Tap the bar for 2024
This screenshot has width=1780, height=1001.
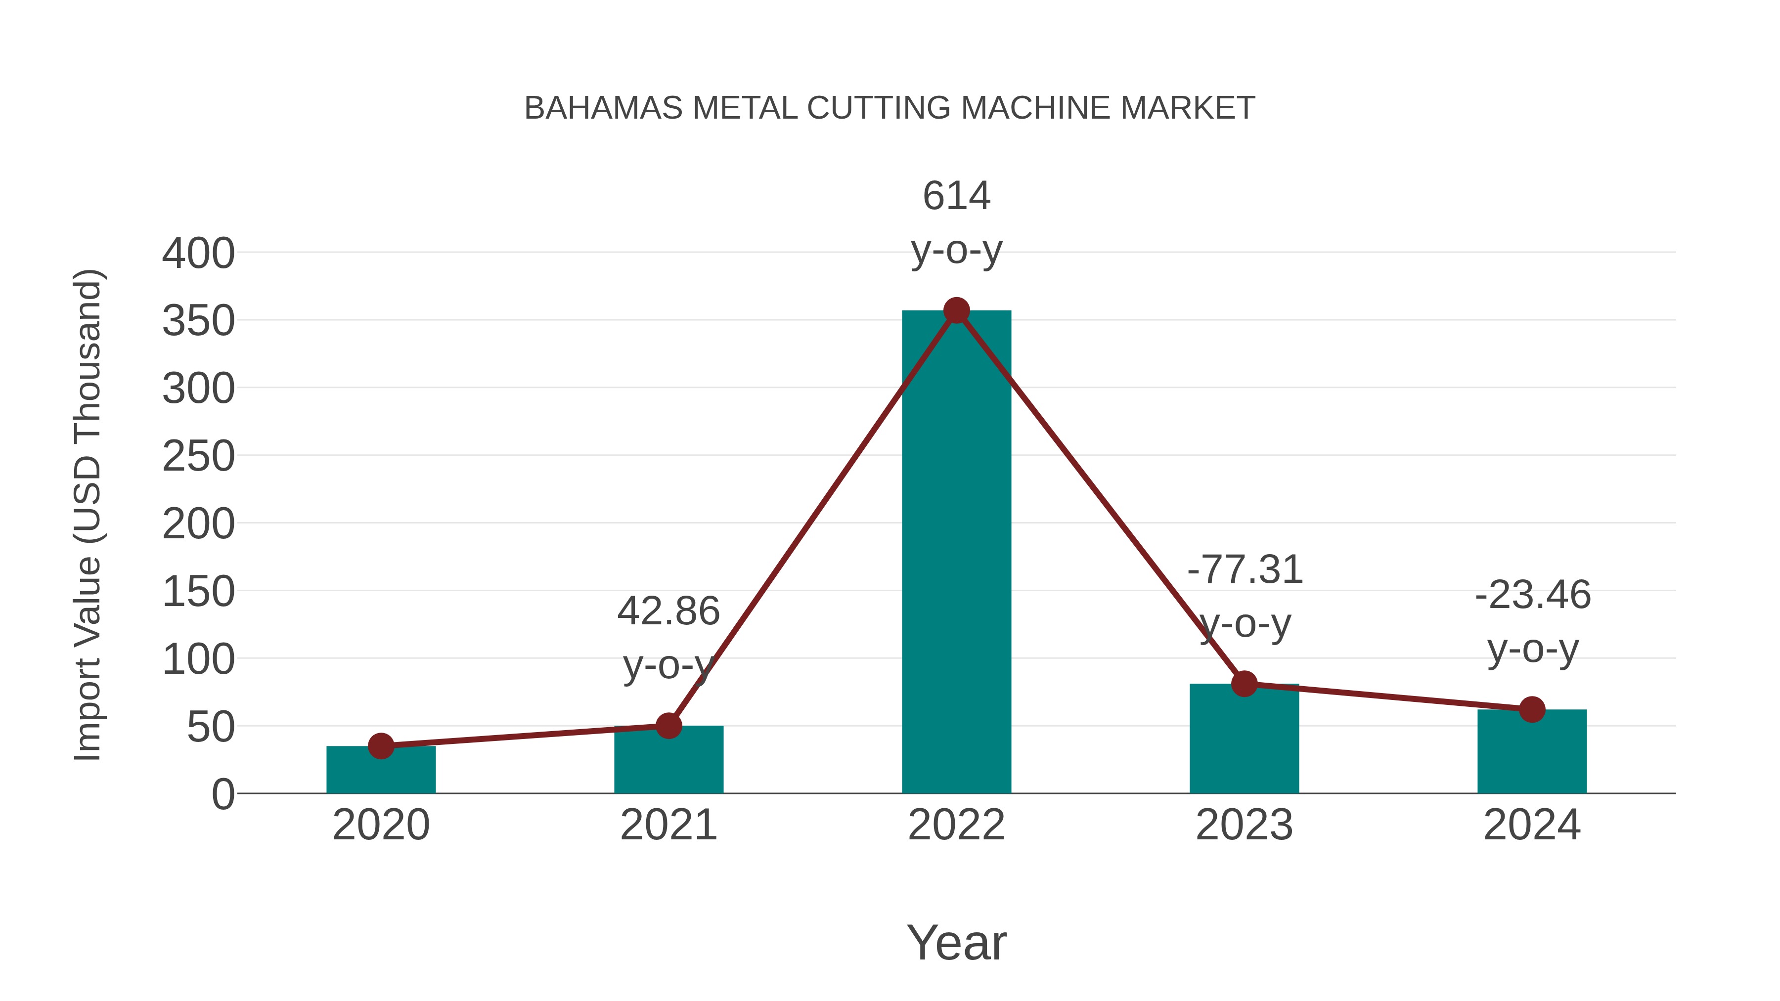click(1532, 753)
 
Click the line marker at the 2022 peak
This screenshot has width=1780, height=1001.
click(956, 311)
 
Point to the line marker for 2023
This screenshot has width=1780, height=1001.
click(1244, 684)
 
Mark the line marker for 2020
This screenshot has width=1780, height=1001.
click(381, 746)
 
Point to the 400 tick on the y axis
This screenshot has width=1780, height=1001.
click(198, 254)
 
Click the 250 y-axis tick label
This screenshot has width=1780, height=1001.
click(198, 457)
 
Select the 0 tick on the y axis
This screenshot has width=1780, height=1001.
click(223, 794)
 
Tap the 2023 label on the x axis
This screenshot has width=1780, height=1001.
click(1244, 826)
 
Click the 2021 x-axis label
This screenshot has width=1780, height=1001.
click(668, 826)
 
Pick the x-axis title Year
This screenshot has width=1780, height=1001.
click(956, 943)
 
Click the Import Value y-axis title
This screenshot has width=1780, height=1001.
click(89, 515)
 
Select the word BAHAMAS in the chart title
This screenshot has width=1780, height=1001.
click(603, 108)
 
